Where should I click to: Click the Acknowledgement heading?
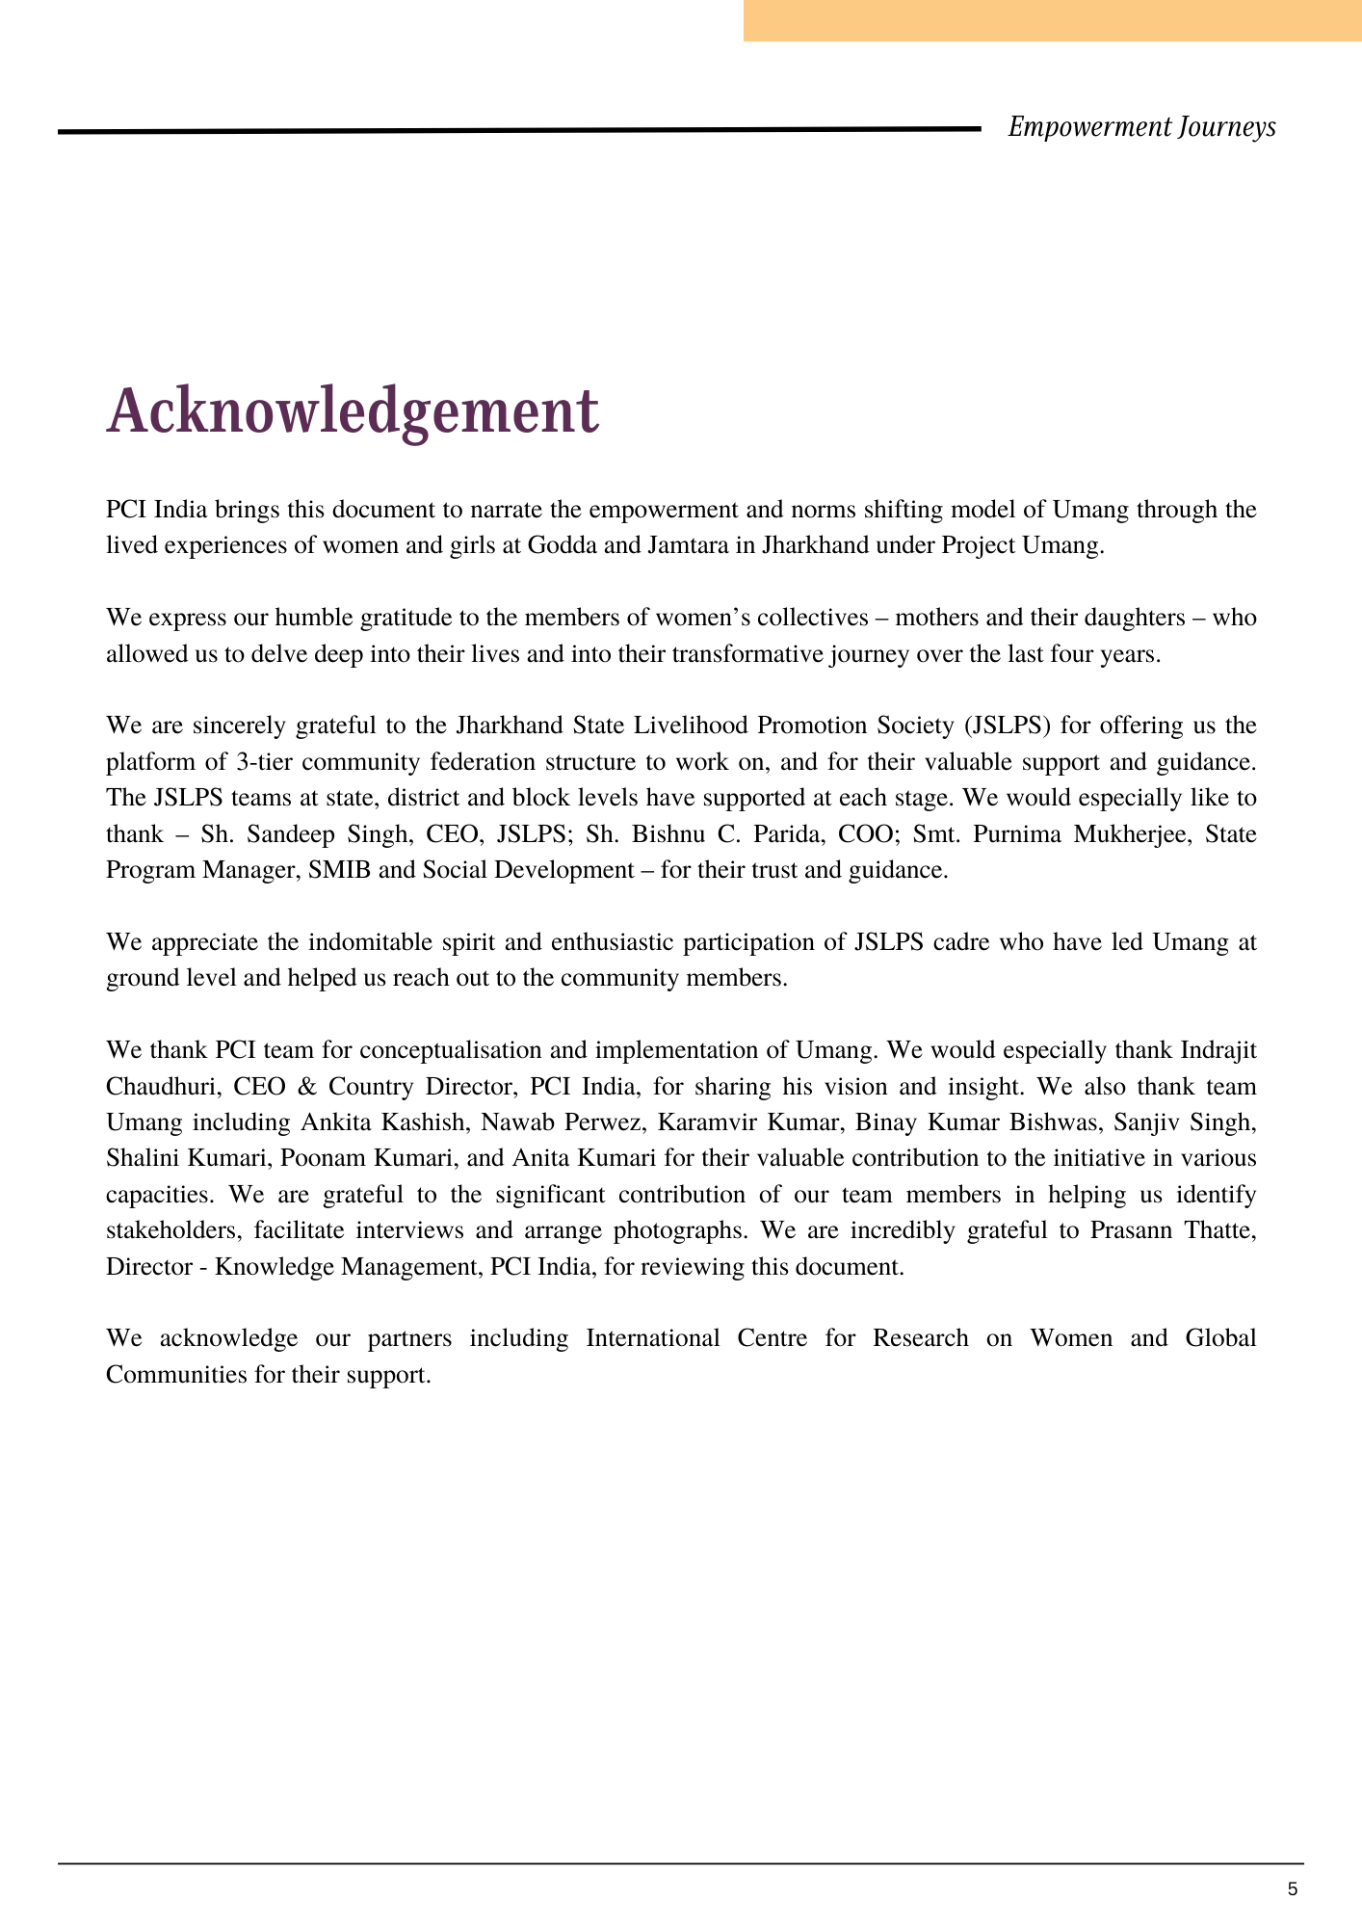pos(354,411)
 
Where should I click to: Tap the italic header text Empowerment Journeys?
pos(1141,127)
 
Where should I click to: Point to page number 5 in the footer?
pos(1293,1889)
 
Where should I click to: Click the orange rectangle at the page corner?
pos(1052,20)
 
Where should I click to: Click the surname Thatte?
pos(1219,1230)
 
